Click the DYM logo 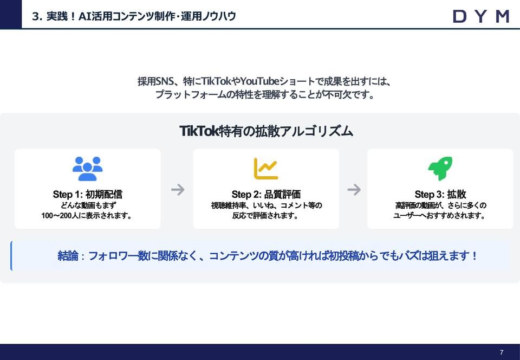[x=480, y=16]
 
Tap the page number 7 [x=502, y=352]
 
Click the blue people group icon [x=87, y=169]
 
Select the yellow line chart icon [x=266, y=169]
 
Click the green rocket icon [x=440, y=169]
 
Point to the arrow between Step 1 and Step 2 [x=178, y=189]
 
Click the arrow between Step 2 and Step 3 [x=354, y=189]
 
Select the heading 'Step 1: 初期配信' [x=87, y=194]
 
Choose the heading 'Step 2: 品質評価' [x=266, y=194]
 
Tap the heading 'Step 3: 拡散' [x=440, y=194]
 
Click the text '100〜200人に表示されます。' [x=87, y=216]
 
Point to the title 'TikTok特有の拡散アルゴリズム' [x=266, y=131]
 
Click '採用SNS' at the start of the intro [x=154, y=82]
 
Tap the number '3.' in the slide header [x=37, y=16]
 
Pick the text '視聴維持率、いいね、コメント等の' [x=266, y=205]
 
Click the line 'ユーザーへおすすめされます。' [x=440, y=216]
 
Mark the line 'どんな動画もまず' [x=87, y=205]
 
